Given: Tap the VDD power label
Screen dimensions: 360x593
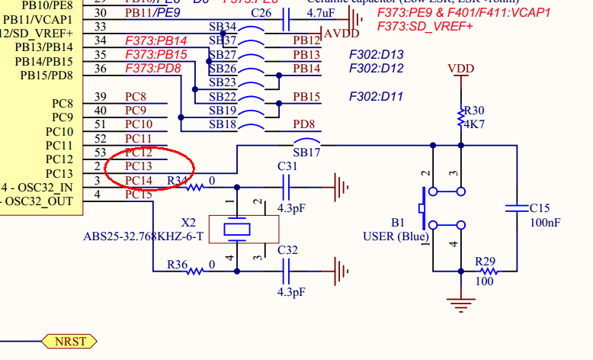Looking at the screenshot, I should pyautogui.click(x=460, y=69).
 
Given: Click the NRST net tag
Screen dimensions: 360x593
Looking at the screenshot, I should pyautogui.click(x=69, y=341).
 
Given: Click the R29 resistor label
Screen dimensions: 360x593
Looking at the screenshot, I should pyautogui.click(x=485, y=261).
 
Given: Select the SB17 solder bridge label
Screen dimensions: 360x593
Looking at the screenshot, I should pyautogui.click(x=306, y=153).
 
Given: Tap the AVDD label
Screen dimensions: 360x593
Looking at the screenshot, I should pyautogui.click(x=341, y=34).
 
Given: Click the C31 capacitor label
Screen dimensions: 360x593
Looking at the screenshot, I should pyautogui.click(x=287, y=166).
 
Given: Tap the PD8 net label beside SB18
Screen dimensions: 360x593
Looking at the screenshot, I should pyautogui.click(x=305, y=124).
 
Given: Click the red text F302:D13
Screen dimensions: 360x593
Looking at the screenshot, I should pyautogui.click(x=377, y=54).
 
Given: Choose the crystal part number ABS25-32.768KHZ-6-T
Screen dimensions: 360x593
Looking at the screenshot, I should pyautogui.click(x=143, y=236).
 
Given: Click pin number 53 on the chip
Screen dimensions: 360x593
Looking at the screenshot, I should pyautogui.click(x=99, y=153).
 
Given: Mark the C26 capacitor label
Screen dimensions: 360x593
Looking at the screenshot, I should pyautogui.click(x=261, y=13).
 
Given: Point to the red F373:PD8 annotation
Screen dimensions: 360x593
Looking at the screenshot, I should pyautogui.click(x=154, y=69).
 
